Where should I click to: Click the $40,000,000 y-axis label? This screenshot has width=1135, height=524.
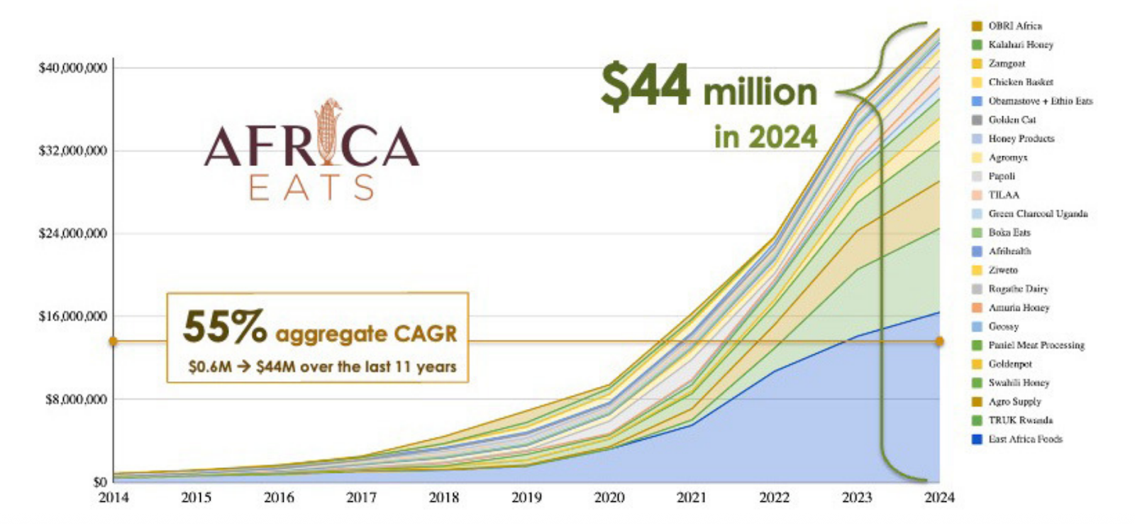point(73,68)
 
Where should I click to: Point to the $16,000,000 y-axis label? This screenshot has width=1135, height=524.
point(73,316)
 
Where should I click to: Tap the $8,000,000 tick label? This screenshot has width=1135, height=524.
point(77,399)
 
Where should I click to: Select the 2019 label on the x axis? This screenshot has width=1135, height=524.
point(526,498)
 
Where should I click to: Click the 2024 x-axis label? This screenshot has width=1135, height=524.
point(939,498)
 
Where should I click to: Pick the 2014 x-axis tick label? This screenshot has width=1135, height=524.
point(113,498)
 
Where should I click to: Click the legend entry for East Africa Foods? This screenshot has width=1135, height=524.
point(1025,440)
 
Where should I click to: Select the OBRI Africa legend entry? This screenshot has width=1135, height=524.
point(1015,26)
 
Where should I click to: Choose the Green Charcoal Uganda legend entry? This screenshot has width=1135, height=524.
point(1038,214)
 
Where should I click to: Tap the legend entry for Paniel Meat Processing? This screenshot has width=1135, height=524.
point(1036,345)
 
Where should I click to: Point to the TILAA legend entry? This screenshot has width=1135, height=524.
point(1004,195)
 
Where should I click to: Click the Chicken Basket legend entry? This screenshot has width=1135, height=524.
point(1021,82)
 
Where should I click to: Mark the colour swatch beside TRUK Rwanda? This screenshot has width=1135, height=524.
point(977,420)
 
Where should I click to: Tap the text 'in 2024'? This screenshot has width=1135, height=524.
point(765,136)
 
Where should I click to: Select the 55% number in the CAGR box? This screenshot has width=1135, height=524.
point(224,328)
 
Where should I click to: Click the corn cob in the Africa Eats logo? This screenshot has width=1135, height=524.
point(328,131)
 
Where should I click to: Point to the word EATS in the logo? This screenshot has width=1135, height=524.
point(311,188)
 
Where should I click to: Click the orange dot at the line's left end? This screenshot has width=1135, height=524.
point(113,342)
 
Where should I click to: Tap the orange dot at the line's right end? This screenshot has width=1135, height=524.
point(939,342)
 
